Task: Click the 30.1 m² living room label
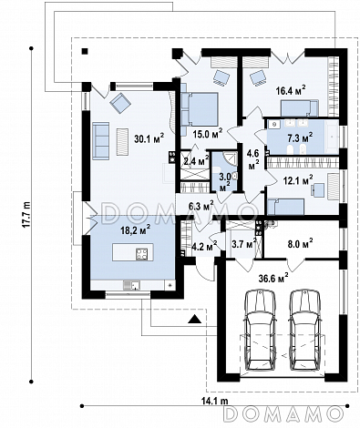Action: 149,138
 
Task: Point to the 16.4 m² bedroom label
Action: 291,90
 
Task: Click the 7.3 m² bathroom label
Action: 300,138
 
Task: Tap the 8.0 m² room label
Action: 301,243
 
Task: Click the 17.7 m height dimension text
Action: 27,214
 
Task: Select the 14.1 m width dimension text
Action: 214,401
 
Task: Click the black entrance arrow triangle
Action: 195,319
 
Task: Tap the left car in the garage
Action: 261,330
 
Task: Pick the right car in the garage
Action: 304,330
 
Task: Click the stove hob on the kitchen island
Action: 142,253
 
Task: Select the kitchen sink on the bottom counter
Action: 131,285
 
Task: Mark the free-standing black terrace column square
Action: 85,51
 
